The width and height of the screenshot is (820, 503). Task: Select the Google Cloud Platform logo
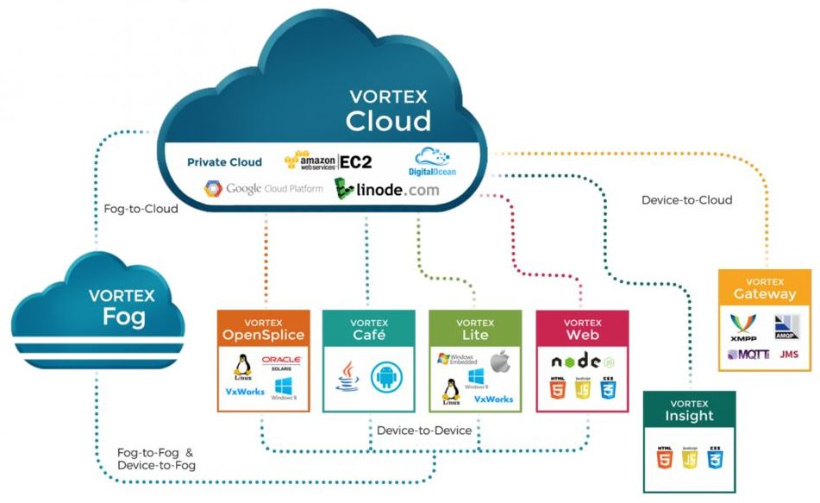tap(263, 188)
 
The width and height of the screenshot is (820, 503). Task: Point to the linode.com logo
tap(387, 188)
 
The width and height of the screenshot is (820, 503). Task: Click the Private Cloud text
tap(224, 162)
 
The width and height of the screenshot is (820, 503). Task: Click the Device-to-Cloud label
tap(686, 200)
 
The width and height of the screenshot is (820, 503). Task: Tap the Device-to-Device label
tap(424, 430)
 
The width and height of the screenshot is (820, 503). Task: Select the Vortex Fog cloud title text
tap(122, 306)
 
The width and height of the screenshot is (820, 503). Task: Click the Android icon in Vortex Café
tap(387, 378)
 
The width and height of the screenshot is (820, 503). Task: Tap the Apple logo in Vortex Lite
tap(500, 362)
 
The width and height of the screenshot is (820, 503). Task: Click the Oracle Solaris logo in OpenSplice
tap(281, 362)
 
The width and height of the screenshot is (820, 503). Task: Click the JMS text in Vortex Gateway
tap(788, 355)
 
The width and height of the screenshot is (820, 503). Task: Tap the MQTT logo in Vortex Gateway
tap(748, 355)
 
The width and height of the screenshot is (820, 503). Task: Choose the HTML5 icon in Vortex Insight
tap(664, 457)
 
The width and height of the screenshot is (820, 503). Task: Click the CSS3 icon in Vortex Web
tap(610, 391)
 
